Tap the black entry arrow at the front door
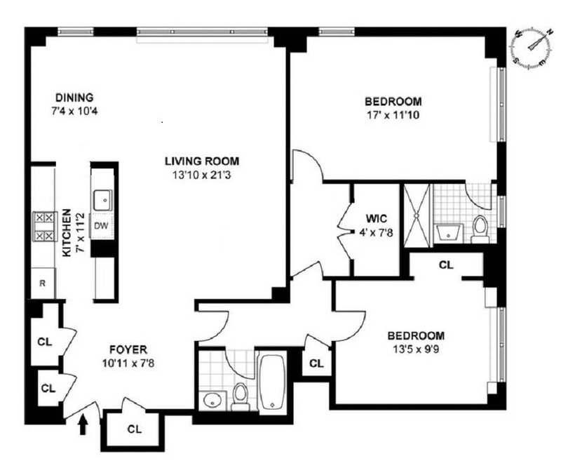pos(84,423)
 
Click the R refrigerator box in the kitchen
pos(42,283)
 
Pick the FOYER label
pos(126,349)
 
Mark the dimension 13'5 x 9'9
pos(417,348)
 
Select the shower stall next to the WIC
pos(416,213)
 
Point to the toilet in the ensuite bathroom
pos(480,228)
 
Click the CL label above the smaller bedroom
pos(445,265)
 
